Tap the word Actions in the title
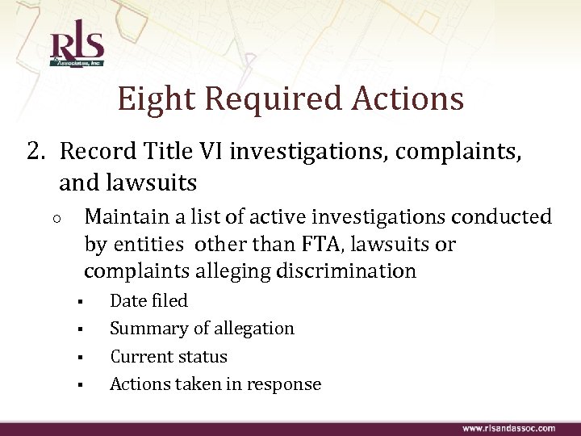408,99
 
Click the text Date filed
148,300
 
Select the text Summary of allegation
202,329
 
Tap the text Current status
169,356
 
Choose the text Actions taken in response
215,384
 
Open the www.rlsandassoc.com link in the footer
508,427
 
